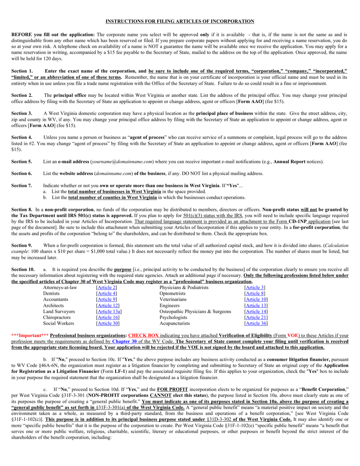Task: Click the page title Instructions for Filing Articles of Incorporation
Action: [180, 21]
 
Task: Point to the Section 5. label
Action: [22, 161]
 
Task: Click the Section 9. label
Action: [22, 246]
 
